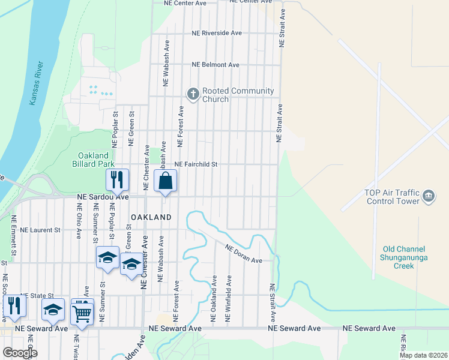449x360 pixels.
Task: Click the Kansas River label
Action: click(x=37, y=83)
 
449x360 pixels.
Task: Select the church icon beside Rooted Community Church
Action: click(x=193, y=94)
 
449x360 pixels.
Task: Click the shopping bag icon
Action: click(x=166, y=181)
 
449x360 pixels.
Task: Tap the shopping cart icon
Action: click(x=82, y=311)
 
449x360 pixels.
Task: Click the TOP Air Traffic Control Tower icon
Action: click(x=429, y=196)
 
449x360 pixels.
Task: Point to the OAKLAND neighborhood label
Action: click(x=151, y=217)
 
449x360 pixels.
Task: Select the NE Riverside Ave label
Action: click(x=217, y=33)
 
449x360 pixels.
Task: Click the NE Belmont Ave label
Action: click(x=215, y=65)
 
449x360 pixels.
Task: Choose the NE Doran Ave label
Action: click(x=244, y=253)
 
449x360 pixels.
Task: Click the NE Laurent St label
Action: click(x=40, y=230)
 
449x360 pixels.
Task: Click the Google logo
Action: click(x=20, y=352)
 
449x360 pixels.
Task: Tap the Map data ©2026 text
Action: click(x=423, y=355)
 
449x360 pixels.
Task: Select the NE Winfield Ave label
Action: click(x=228, y=299)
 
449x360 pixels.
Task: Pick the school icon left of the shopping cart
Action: click(x=53, y=310)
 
